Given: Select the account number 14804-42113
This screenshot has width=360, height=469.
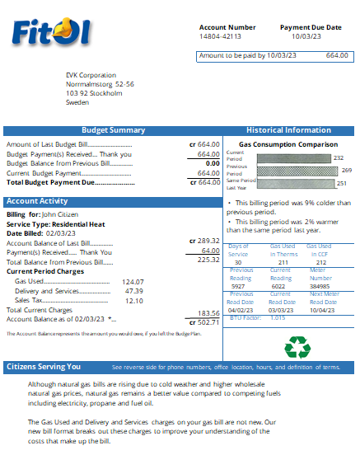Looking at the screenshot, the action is (x=220, y=37).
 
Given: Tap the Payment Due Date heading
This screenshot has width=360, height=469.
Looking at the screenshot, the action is (x=311, y=27).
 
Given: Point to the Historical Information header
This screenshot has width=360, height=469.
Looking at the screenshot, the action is (x=288, y=130).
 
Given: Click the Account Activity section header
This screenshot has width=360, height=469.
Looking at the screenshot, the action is (x=37, y=201).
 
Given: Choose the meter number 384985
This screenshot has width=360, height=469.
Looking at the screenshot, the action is (x=320, y=286).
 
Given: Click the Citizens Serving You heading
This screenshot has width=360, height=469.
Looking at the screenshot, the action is (x=44, y=367).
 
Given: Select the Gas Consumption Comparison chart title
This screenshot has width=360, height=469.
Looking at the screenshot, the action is (x=288, y=143).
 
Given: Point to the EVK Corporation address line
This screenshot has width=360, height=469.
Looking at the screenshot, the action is (x=91, y=75).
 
